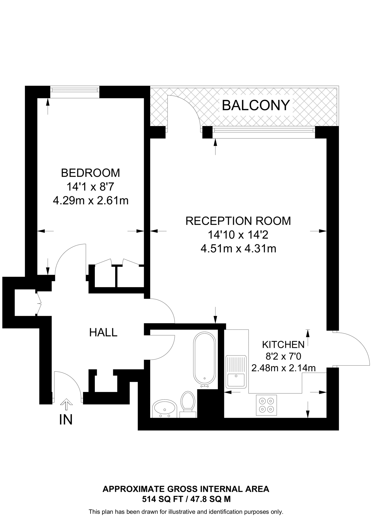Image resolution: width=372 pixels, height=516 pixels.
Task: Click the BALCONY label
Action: [256, 105]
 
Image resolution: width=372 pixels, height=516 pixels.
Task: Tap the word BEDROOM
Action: [91, 173]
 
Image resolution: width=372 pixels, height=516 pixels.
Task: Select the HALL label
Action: [103, 333]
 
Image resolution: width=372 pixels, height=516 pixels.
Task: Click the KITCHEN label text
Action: [283, 344]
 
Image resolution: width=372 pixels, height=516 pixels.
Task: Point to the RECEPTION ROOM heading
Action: [238, 221]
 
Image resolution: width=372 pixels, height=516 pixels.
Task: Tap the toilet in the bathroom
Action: [188, 402]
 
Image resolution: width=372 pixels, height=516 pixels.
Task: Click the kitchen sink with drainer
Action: [236, 372]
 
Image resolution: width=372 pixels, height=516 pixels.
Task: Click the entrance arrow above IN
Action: [66, 404]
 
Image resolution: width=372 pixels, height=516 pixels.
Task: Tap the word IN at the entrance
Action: [66, 420]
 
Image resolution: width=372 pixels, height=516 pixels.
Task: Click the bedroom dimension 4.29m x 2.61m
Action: [91, 201]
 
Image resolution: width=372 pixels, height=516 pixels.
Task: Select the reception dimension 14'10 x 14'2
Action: [238, 235]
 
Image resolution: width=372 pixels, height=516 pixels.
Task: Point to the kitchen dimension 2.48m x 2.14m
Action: [283, 368]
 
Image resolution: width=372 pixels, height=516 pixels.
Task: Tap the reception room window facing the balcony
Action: [264, 132]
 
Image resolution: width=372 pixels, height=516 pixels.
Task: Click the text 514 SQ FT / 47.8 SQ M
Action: [186, 499]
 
